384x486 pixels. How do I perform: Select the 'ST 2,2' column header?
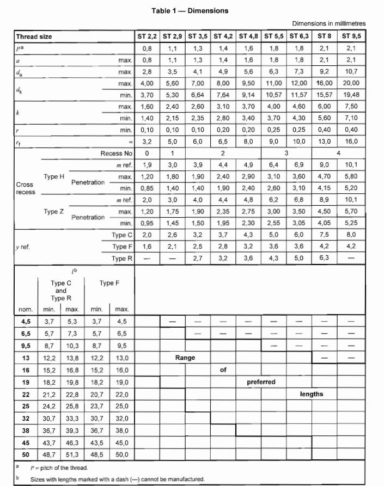pos(147,37)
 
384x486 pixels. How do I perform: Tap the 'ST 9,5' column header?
pos(351,37)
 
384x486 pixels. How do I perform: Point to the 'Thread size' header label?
pos(34,37)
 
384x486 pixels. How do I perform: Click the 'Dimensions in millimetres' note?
pos(328,24)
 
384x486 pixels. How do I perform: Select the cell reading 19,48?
pos(351,94)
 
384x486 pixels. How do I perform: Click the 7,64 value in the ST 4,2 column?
pos(224,94)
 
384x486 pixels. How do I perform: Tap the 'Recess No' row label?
pos(116,153)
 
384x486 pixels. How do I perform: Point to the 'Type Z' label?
pos(54,211)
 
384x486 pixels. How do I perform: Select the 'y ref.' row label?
pos(22,247)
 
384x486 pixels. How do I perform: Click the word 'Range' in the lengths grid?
pos(185,358)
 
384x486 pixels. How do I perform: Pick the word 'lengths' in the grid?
pos(312,393)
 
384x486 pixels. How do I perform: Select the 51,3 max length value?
pos(72,454)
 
